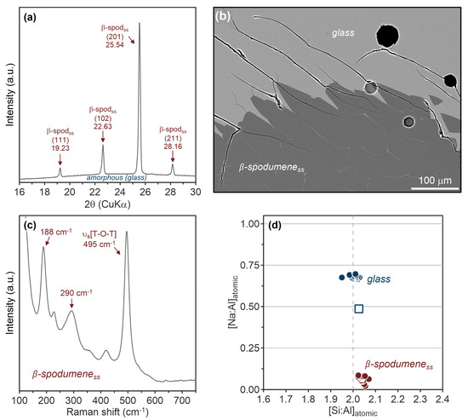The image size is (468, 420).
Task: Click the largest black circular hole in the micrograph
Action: click(386, 35)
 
